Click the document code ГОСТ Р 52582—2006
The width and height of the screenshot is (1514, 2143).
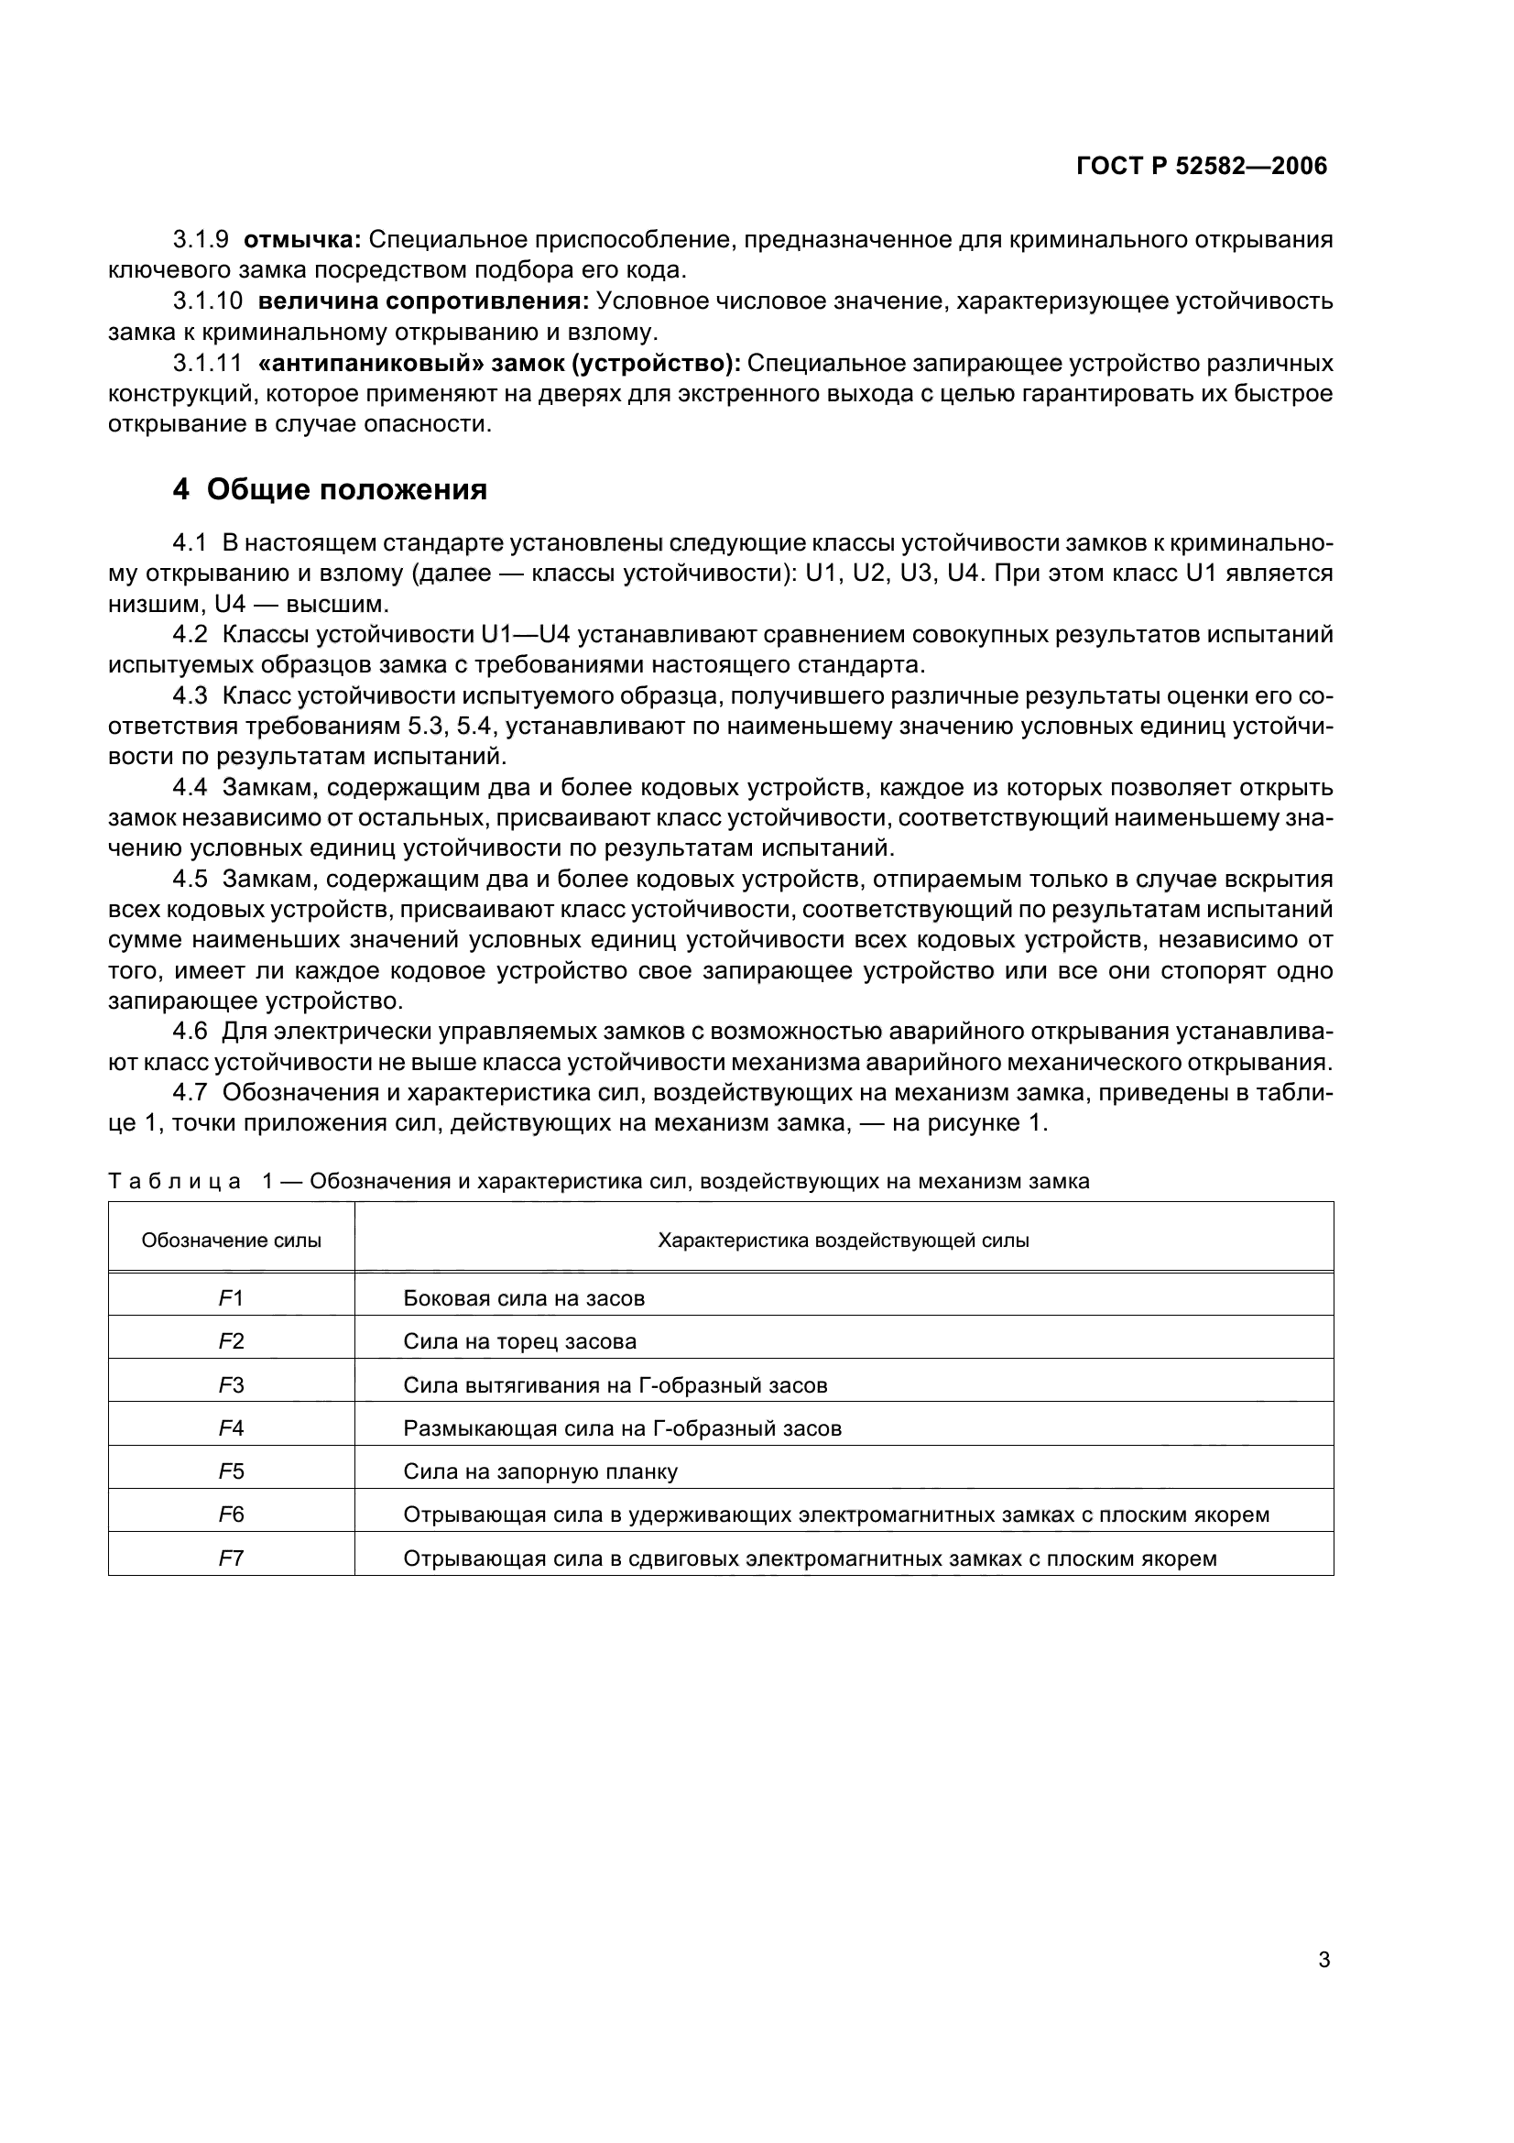1201,166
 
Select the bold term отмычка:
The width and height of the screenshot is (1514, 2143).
302,240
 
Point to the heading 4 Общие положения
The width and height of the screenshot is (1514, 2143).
331,489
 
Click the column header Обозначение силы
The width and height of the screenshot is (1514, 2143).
232,1241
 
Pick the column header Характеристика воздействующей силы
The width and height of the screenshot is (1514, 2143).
844,1241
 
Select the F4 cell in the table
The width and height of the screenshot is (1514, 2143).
232,1428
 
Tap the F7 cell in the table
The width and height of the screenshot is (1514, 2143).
232,1558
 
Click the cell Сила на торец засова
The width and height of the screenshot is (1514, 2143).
519,1341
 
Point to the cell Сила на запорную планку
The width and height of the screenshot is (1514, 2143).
540,1471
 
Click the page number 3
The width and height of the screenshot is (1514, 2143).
1323,1960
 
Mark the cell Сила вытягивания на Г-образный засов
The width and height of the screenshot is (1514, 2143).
615,1385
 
